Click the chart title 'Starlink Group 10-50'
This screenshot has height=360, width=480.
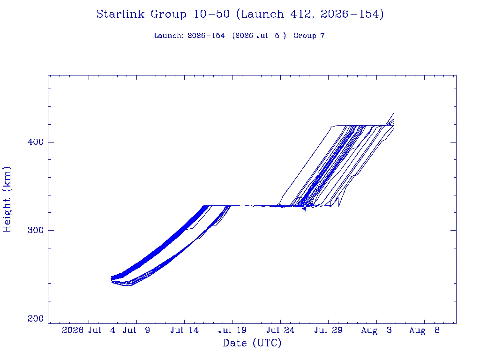[x=163, y=15]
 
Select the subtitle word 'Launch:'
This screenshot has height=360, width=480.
[x=169, y=36]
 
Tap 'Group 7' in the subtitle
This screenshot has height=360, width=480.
[x=309, y=36]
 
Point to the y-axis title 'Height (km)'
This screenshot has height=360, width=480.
[x=7, y=199]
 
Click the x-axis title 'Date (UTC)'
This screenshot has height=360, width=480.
[x=252, y=343]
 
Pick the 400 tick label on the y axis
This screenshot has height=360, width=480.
[x=36, y=142]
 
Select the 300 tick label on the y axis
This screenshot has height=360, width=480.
[x=36, y=230]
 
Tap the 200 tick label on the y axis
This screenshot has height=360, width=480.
[x=36, y=319]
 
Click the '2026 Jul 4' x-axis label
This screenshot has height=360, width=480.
[x=89, y=330]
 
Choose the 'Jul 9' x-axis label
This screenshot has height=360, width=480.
[x=136, y=330]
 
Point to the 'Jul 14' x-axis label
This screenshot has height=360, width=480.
[x=185, y=330]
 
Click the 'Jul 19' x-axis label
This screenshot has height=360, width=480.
[x=232, y=330]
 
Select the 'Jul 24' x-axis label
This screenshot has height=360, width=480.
[x=280, y=330]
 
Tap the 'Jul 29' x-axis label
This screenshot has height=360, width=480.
[x=329, y=330]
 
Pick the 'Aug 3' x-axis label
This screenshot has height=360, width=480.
[x=376, y=330]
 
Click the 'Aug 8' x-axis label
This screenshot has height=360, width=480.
[x=424, y=330]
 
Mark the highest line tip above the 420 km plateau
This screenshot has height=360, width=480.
[x=393, y=113]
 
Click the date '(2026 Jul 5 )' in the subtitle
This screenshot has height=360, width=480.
[x=259, y=36]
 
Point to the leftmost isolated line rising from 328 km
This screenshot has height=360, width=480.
[x=304, y=165]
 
